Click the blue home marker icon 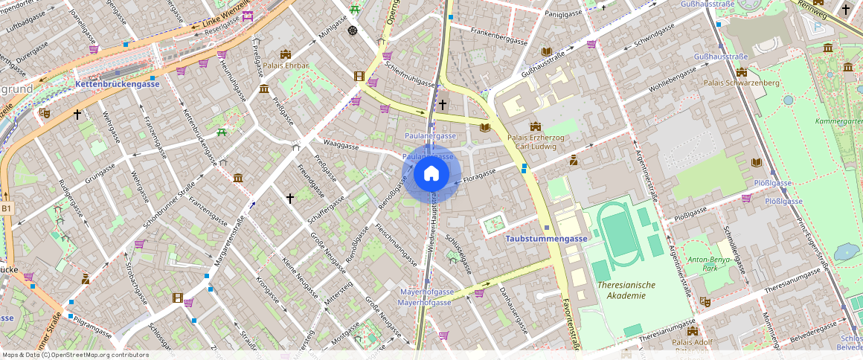tap(431, 174)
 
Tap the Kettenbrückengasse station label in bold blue tap(118, 85)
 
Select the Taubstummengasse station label tap(546, 239)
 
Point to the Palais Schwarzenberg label tap(741, 83)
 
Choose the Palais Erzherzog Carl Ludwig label tap(535, 142)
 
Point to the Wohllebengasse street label tap(671, 78)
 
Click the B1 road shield tap(6, 209)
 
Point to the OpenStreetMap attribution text tap(75, 355)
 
